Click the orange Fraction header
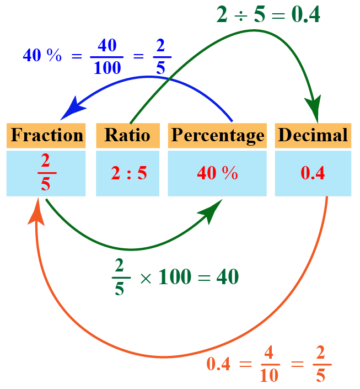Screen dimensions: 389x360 point(46,135)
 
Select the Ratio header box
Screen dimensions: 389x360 point(127,135)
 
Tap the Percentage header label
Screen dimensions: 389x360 point(217,135)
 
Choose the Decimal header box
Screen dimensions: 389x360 point(313,135)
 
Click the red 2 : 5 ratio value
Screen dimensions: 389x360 point(128,174)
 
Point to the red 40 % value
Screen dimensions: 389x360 point(217,174)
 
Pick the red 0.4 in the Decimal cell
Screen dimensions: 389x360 point(313,174)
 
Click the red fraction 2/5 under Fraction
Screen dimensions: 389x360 point(45,173)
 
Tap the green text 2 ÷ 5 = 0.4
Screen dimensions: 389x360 point(268,15)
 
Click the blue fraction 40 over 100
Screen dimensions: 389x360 point(107,56)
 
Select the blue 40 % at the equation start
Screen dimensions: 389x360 point(42,56)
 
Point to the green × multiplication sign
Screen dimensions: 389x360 point(145,278)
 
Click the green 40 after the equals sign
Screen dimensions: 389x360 point(227,277)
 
